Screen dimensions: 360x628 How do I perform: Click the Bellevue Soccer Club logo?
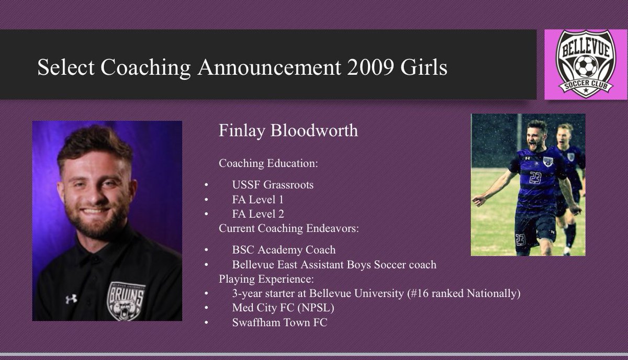coord(585,64)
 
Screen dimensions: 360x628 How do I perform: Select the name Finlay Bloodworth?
coord(288,131)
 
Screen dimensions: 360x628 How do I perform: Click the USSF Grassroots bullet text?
coord(273,184)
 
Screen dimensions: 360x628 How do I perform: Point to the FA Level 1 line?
coord(258,199)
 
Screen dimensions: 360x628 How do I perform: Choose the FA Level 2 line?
coord(259,213)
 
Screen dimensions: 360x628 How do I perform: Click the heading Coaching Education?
coord(268,163)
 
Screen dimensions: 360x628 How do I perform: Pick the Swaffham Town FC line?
coord(279,322)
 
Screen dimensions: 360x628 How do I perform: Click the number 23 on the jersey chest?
coord(534,178)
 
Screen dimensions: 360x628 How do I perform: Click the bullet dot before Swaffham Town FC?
coord(206,322)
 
